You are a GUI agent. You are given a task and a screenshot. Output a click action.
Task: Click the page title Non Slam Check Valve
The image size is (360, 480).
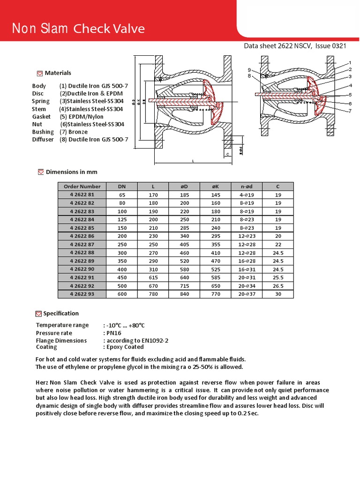(x=78, y=29)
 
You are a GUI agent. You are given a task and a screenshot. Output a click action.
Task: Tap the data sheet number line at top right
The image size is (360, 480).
(x=295, y=46)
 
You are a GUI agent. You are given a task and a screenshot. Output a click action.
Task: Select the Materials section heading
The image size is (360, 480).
(x=58, y=73)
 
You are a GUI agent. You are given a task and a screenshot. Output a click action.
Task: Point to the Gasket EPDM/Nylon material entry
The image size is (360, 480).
(x=68, y=117)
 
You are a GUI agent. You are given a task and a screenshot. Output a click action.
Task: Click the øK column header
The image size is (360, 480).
(x=216, y=186)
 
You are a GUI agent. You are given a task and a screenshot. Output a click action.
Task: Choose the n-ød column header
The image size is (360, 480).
(x=247, y=186)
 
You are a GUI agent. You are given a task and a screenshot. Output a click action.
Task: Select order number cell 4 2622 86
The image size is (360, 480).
(x=82, y=236)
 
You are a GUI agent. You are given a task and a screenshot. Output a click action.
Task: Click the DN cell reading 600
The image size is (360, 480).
(x=122, y=294)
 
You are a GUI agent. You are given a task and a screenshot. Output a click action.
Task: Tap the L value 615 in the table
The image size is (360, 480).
(x=153, y=277)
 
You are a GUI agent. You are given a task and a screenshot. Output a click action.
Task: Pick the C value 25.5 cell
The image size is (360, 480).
(x=278, y=277)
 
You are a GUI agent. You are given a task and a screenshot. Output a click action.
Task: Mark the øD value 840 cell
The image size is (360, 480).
(x=184, y=294)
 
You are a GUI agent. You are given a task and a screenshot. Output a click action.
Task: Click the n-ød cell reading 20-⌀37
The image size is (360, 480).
(x=247, y=294)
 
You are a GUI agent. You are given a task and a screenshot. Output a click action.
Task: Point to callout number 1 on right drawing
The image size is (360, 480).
(x=350, y=63)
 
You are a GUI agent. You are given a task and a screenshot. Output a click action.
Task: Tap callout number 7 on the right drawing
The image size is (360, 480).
(x=350, y=111)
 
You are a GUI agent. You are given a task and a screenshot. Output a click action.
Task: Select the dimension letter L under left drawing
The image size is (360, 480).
(x=193, y=161)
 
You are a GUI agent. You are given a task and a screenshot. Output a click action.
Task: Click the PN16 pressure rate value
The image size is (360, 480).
(x=112, y=333)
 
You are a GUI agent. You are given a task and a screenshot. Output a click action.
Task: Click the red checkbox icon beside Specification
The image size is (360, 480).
(x=39, y=314)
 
